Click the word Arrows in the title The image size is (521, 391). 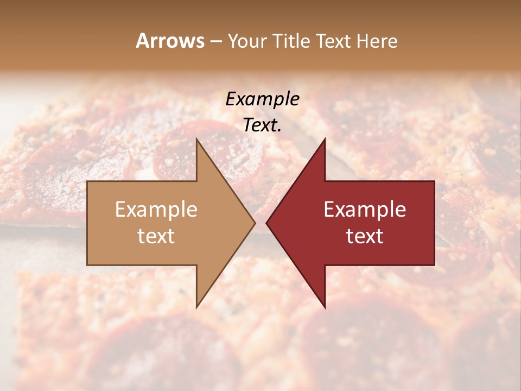[x=170, y=41]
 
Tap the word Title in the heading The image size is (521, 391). [x=293, y=41]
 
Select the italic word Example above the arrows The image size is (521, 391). [x=262, y=99]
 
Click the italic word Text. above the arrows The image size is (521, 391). [x=262, y=125]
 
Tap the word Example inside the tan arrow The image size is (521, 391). [x=156, y=210]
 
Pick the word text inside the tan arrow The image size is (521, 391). [x=156, y=236]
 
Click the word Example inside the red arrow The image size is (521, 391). [x=365, y=210]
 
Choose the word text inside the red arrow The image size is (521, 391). [x=365, y=236]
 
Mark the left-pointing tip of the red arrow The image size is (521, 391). [x=267, y=223]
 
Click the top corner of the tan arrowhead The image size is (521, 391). [x=197, y=140]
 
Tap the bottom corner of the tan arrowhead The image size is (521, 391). [x=197, y=307]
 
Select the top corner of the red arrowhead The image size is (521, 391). [x=325, y=140]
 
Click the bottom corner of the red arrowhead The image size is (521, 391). [x=325, y=307]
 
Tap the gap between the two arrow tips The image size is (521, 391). [x=260, y=223]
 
